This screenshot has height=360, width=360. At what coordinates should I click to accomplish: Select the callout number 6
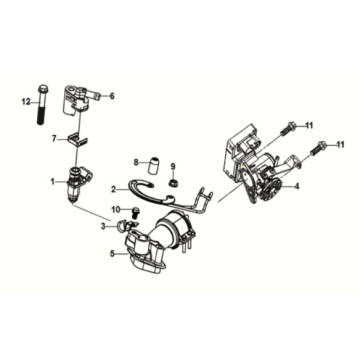tap(111, 96)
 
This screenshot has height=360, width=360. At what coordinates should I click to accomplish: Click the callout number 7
tap(55, 141)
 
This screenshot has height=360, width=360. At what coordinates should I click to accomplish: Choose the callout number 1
tap(54, 181)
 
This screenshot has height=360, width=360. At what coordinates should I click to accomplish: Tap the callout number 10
tap(117, 208)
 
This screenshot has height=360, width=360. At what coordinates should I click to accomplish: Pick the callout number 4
tap(297, 187)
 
